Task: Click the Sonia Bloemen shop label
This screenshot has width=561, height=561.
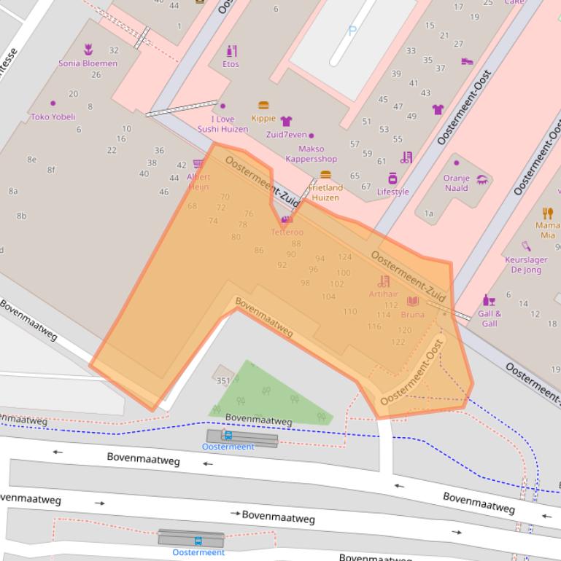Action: (x=88, y=63)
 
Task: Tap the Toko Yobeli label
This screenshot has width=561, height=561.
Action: (x=53, y=117)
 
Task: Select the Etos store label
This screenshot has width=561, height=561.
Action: (x=231, y=64)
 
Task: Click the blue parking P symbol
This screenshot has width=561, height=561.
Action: (x=352, y=31)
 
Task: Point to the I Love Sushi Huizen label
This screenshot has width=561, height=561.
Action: (x=223, y=124)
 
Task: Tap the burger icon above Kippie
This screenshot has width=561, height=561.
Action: (x=263, y=106)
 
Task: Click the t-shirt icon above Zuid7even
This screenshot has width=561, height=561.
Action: (x=286, y=121)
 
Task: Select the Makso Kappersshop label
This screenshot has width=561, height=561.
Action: (x=311, y=154)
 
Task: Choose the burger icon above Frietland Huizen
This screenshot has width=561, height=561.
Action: (x=325, y=175)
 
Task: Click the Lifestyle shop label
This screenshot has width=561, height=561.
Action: (x=392, y=192)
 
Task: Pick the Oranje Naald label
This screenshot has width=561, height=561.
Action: (x=457, y=183)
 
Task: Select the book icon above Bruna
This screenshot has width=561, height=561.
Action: (x=413, y=301)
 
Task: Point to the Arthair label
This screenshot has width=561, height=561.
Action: (x=384, y=294)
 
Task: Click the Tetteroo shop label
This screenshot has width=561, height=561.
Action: (x=287, y=232)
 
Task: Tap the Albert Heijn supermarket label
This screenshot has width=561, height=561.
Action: (x=198, y=181)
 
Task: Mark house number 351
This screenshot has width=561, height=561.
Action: (x=223, y=380)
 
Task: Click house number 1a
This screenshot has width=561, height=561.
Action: (x=429, y=213)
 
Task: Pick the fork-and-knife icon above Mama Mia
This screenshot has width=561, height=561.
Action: (x=548, y=213)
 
